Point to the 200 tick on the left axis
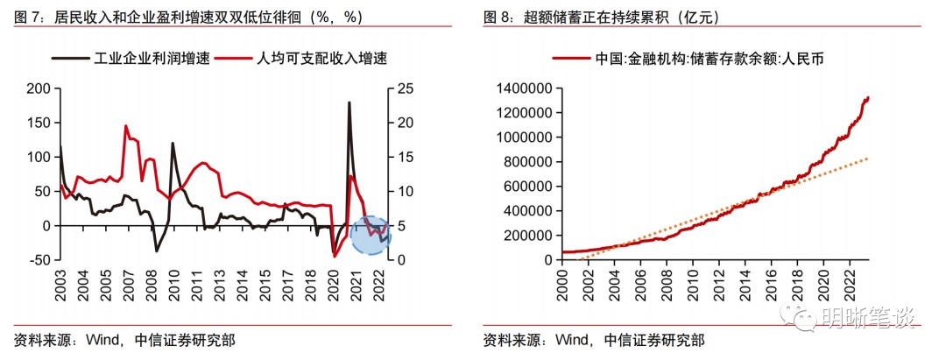pyautogui.click(x=37, y=88)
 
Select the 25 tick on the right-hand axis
pyautogui.click(x=403, y=88)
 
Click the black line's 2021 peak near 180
pyautogui.click(x=349, y=102)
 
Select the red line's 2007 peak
pyautogui.click(x=126, y=126)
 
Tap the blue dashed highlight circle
pyautogui.click(x=370, y=234)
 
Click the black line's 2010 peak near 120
pyautogui.click(x=172, y=144)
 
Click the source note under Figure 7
pyautogui.click(x=124, y=341)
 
